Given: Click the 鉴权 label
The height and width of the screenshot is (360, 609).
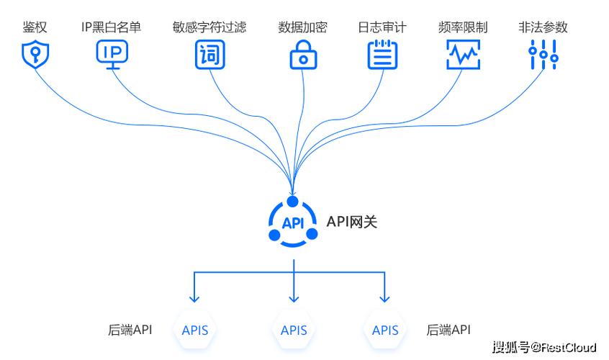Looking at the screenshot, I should [x=35, y=27].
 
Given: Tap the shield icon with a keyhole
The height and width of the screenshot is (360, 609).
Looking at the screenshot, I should [x=35, y=55].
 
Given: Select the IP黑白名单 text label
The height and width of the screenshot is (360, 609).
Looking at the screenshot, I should [x=111, y=27].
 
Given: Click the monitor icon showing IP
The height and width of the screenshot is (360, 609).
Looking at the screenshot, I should [x=112, y=54].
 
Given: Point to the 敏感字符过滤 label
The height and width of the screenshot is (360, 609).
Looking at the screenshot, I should [x=209, y=27].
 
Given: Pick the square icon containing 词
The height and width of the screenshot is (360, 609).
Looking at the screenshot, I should [x=209, y=55].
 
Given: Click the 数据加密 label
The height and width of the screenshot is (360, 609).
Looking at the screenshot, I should [x=302, y=27].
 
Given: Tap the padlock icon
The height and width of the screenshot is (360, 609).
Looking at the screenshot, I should [x=303, y=55].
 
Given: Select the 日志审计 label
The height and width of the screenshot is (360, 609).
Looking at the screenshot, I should [x=382, y=27].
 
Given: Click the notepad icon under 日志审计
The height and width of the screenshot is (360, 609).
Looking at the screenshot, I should [x=382, y=55].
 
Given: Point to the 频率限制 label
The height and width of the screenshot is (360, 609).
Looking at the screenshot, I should [x=462, y=27].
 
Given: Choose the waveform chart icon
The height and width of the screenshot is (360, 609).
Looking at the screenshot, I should [x=463, y=55].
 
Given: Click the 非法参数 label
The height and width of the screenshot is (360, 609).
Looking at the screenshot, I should [x=543, y=27].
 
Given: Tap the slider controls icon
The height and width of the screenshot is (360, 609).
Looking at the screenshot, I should [x=543, y=55].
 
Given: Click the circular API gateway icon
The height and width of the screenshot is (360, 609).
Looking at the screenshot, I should [x=293, y=222].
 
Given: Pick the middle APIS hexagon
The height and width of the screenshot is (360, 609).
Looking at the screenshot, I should [x=294, y=330].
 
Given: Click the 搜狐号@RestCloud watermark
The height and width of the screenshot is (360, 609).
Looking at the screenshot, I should [x=544, y=348].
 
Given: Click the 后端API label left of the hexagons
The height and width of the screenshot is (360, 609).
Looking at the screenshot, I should [x=130, y=330].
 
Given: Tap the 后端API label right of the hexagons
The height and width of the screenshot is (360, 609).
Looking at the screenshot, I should [x=448, y=330].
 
